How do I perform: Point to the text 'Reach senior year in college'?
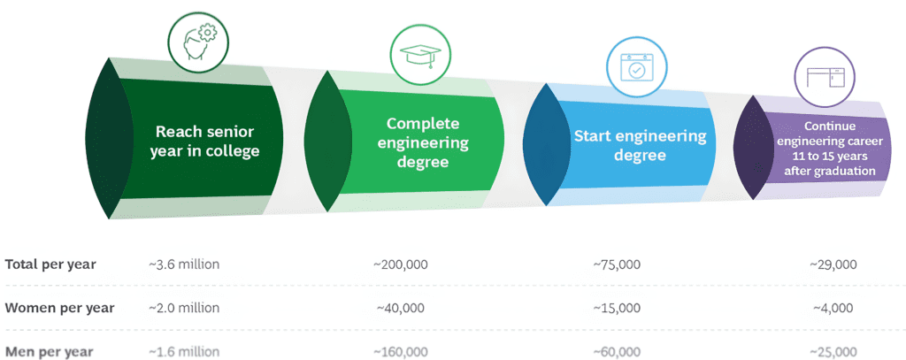[x=208, y=141]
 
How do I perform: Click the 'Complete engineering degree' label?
[x=428, y=143]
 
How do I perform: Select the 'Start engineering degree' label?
[x=641, y=146]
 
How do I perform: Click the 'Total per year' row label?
[x=50, y=264]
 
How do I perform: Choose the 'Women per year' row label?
[x=59, y=308]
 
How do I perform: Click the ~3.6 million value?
[x=184, y=264]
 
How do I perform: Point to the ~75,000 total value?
[x=616, y=264]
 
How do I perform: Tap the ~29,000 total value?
[x=833, y=264]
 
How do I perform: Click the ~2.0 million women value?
[x=184, y=308]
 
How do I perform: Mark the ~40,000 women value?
[x=401, y=308]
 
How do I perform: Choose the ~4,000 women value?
[x=833, y=308]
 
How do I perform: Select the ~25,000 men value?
[x=833, y=351]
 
